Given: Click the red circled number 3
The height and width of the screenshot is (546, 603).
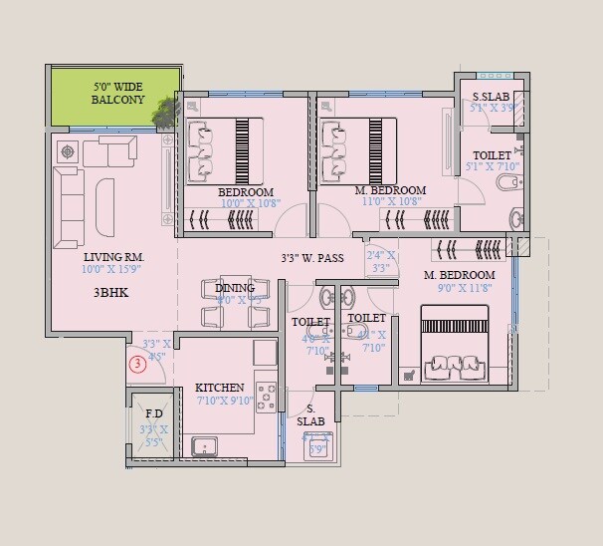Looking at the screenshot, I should click(138, 365).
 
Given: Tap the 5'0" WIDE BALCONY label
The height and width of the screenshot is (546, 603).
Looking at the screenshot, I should click(118, 94).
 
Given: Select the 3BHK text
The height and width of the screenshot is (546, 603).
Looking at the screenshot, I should click(111, 293).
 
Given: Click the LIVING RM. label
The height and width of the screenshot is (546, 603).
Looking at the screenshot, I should click(112, 256).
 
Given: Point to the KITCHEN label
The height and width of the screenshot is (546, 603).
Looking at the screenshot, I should click(220, 388).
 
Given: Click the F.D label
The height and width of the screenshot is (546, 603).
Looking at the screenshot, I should click(154, 413).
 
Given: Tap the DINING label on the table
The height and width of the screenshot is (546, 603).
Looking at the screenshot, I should click(235, 289).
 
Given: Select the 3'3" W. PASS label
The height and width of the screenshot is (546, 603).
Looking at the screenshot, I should click(312, 257).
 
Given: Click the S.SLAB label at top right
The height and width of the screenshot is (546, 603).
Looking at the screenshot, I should click(492, 97).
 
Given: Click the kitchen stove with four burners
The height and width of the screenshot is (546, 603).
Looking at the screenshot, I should click(266, 396).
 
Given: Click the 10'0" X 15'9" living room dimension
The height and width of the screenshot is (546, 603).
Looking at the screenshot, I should click(112, 269).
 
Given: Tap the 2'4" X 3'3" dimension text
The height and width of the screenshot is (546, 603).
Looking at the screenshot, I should click(381, 262).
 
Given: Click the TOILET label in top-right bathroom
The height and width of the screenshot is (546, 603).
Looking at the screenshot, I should click(492, 155).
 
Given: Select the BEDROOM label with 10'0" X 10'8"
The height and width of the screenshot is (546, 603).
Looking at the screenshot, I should click(246, 191).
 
